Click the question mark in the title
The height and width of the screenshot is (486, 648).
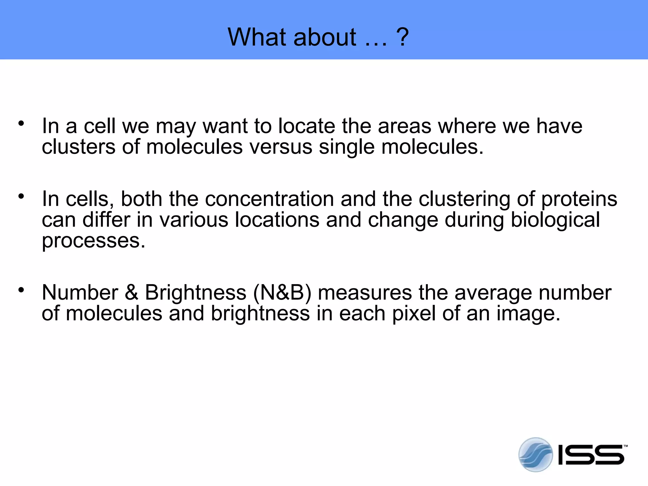click(x=402, y=37)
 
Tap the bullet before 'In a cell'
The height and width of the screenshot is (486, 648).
click(x=21, y=123)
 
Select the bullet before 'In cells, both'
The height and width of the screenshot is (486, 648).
click(x=21, y=196)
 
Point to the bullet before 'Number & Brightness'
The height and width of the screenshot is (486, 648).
click(x=21, y=290)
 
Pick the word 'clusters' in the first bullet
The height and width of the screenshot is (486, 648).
click(x=78, y=147)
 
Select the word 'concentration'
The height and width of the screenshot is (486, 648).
click(x=269, y=199)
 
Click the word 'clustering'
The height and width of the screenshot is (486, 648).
click(x=464, y=200)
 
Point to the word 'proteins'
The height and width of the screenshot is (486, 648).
click(x=579, y=200)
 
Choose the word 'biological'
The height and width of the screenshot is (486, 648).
click(x=555, y=221)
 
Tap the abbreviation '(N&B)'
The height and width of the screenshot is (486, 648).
click(x=282, y=292)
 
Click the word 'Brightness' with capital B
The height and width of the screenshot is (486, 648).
click(x=196, y=293)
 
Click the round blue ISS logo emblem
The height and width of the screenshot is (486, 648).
click(x=535, y=454)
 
